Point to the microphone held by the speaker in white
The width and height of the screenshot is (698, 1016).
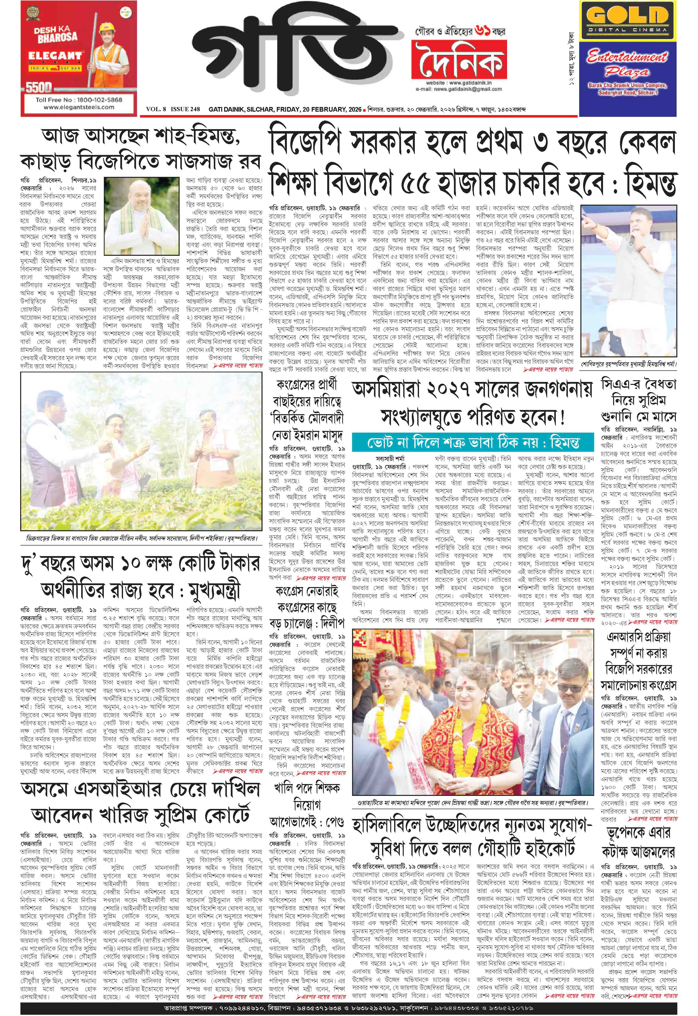click(x=631, y=240)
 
